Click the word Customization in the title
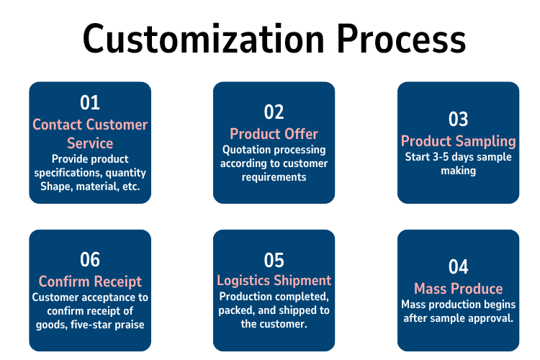coord(204,39)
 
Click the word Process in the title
coord(402,39)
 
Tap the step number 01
coord(90,103)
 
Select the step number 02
coord(274,112)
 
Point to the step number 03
coord(458,120)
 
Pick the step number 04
coord(458,267)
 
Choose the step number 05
coord(274,260)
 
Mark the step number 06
coord(90,259)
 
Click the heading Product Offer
coord(274,134)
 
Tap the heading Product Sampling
coord(459,142)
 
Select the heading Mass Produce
coord(459,289)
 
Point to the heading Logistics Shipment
coord(274,281)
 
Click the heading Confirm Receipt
coord(90,282)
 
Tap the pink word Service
coord(90,143)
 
